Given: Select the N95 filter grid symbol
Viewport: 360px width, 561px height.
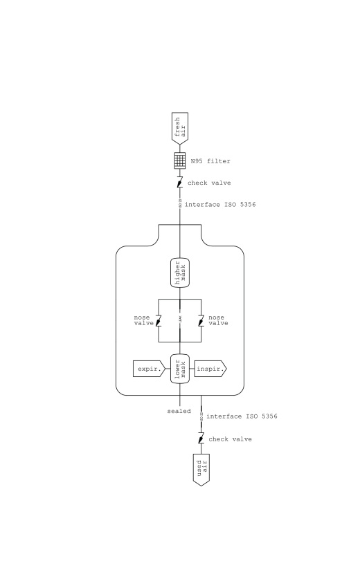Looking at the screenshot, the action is (180, 160).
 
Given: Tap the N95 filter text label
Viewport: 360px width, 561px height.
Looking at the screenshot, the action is (210, 161).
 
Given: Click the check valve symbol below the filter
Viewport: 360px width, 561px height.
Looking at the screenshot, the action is (180, 183).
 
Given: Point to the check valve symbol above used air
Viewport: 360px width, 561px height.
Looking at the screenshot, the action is (201, 439).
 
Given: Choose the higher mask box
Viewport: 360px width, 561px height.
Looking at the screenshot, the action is (180, 273).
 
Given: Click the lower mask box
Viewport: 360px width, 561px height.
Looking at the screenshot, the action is (180, 369).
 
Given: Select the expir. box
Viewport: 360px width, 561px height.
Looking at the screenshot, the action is (150, 369).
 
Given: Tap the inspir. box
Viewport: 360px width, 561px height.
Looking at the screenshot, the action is (210, 369).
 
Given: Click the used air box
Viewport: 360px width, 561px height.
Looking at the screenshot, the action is (201, 470).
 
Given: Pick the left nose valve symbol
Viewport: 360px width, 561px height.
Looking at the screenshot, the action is (159, 320).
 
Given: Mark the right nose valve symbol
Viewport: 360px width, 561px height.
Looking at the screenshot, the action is (201, 320).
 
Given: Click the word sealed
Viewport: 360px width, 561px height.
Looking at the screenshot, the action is (179, 412).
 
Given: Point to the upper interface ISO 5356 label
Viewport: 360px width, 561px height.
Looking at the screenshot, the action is (220, 205).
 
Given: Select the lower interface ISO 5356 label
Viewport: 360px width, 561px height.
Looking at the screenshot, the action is (242, 416).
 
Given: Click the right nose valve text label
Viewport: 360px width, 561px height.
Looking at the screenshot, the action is (218, 320).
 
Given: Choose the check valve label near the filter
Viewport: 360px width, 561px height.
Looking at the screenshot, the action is (209, 183).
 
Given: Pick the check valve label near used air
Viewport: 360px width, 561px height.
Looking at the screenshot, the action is (230, 439).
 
